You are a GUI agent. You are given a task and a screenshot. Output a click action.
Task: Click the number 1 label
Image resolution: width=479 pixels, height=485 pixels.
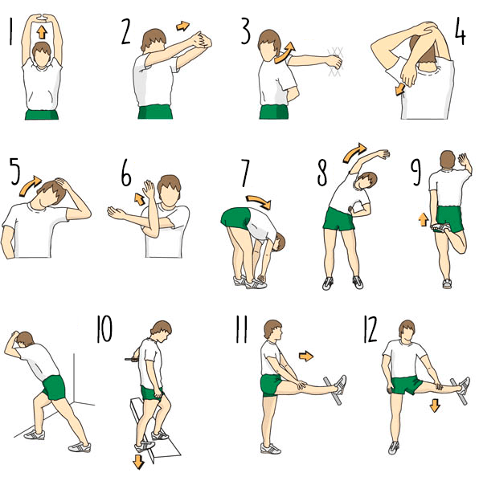10,32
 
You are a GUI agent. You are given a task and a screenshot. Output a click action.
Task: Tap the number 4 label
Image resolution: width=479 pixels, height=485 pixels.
460,31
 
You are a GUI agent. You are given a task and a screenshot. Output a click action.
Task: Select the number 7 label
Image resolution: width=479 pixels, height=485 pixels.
244,173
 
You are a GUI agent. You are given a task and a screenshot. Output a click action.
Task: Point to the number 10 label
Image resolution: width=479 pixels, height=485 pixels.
104,328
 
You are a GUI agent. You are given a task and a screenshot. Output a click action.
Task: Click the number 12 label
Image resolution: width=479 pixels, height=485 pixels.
370,329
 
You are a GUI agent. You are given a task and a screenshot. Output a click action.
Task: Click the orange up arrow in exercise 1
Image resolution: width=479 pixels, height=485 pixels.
41,32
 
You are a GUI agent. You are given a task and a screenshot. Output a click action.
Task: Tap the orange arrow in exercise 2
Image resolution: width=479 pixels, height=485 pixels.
182,26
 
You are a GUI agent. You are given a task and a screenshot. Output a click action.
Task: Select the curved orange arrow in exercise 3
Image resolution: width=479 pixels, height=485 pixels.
285,52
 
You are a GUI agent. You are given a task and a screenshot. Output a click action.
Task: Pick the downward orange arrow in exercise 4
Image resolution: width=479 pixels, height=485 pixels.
399,89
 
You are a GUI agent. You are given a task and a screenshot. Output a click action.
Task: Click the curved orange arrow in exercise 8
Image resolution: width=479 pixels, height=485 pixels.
354,153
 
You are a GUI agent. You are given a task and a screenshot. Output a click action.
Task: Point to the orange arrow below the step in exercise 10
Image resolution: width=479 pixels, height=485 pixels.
138,461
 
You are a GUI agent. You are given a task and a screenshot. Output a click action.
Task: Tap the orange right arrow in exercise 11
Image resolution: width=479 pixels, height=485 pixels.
306,356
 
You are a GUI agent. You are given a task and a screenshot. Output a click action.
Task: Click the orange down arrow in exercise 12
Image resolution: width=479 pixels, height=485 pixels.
435,406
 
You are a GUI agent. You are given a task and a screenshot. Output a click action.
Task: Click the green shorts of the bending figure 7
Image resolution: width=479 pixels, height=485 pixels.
236,218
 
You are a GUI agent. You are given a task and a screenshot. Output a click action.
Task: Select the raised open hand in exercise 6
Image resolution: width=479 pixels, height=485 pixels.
149,189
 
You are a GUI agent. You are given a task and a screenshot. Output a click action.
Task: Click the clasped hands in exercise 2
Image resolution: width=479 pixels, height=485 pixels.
202,40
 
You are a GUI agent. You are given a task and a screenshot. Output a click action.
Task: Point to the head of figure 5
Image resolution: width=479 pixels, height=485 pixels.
52,193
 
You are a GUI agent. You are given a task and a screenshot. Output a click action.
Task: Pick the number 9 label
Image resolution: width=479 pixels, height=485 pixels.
416,173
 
